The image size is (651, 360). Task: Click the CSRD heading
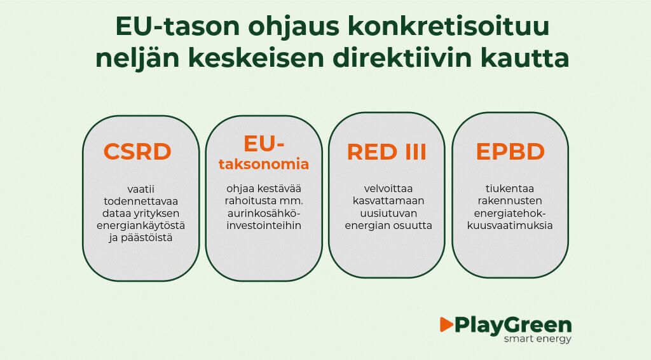point(137,152)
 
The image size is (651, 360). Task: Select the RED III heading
point(387,152)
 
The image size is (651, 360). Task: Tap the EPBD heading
point(510,152)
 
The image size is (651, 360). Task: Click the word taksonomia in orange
point(264,164)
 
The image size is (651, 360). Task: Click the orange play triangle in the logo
point(446,324)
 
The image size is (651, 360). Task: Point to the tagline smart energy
point(537,339)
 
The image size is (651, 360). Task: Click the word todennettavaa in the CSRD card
point(140,201)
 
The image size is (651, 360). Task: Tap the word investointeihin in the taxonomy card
point(264,225)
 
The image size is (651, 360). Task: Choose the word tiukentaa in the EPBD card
point(510,189)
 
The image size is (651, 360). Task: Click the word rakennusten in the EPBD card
point(510,201)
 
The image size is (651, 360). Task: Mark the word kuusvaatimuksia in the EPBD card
point(510,225)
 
